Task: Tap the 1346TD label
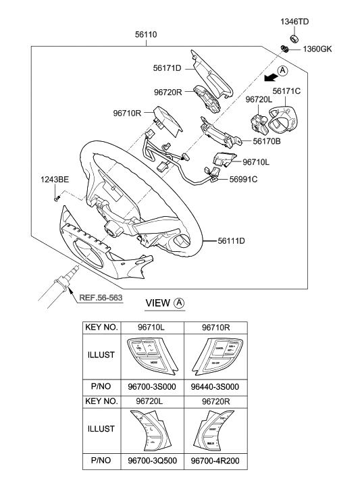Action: [294, 22]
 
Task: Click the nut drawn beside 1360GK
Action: [286, 49]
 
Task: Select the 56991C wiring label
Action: [245, 179]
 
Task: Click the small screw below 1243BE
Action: [57, 197]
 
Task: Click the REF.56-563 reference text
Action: [103, 296]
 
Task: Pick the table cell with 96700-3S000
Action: [152, 390]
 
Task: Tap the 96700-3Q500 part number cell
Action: [152, 463]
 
